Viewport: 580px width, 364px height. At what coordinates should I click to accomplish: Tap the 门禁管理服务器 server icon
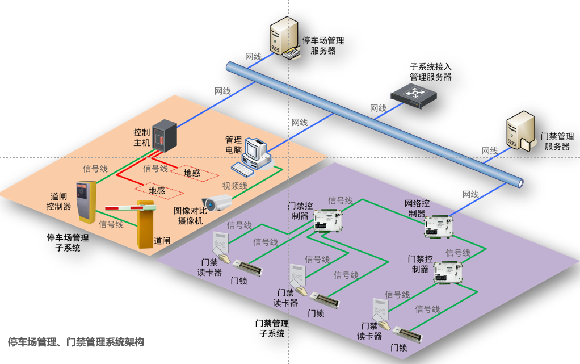[520, 132]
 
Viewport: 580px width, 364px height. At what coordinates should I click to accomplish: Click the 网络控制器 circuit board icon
[439, 225]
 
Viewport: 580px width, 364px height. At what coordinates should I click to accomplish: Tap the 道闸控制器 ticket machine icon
[87, 202]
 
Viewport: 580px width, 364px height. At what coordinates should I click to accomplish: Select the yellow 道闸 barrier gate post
[146, 224]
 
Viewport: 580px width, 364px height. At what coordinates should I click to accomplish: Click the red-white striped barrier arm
[121, 206]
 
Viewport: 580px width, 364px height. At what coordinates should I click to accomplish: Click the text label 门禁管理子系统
[272, 328]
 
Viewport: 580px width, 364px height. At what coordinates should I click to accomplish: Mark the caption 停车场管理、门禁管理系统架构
[76, 342]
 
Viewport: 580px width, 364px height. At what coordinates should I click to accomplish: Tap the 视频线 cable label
[234, 186]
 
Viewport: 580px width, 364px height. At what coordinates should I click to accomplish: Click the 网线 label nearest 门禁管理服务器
[490, 151]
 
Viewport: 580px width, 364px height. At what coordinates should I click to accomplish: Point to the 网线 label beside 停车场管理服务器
[253, 57]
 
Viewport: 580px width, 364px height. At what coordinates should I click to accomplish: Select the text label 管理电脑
[234, 145]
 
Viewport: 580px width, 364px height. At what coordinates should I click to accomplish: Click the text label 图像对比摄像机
[188, 216]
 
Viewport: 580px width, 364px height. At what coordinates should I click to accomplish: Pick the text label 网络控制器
[417, 208]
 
